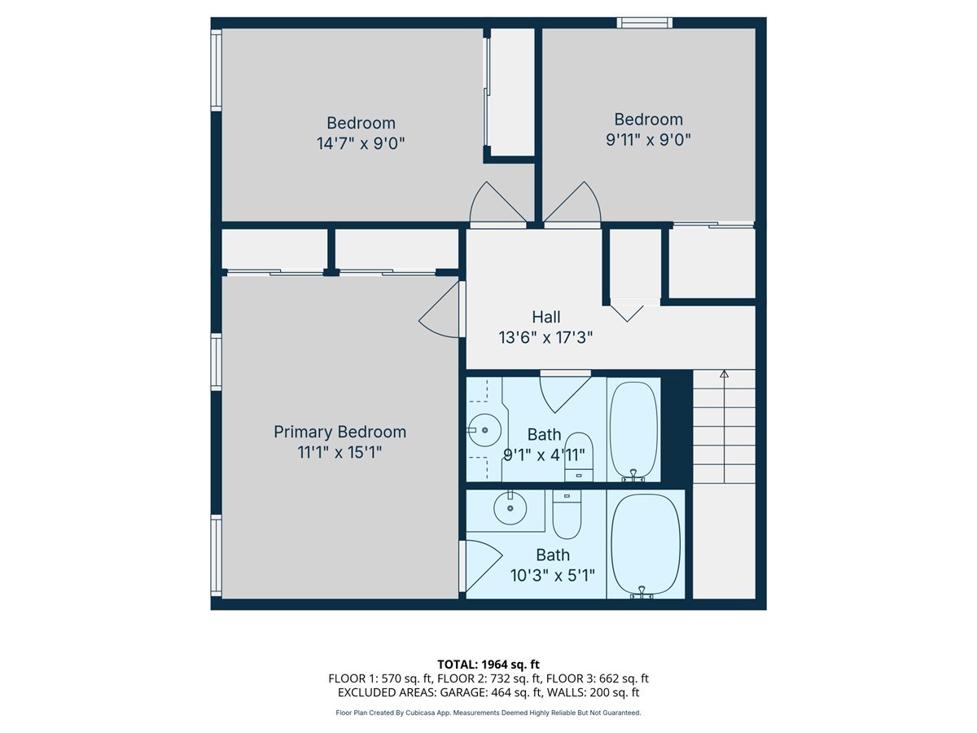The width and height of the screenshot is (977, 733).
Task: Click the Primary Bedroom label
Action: tap(340, 432)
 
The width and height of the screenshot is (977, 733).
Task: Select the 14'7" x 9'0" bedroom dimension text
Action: tap(361, 143)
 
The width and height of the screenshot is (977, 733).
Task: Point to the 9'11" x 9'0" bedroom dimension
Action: tap(648, 139)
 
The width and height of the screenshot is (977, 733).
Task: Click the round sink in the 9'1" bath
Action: tap(485, 429)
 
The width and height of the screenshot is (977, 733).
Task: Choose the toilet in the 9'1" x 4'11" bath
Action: tap(579, 456)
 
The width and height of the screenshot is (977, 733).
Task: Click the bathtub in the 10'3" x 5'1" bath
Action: tap(646, 544)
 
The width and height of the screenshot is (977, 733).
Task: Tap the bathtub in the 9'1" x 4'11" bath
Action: tap(633, 429)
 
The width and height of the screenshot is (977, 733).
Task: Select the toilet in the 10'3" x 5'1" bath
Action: tap(567, 514)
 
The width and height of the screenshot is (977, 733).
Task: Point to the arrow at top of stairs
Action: tap(724, 375)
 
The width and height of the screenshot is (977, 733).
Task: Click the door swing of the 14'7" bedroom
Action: tap(497, 204)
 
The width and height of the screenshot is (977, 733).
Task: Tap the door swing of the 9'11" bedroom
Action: tap(575, 204)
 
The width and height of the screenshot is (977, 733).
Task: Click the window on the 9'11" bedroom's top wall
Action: tap(644, 23)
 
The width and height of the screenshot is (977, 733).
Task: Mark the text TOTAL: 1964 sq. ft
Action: tap(488, 665)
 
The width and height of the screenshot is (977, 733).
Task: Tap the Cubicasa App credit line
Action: tap(488, 713)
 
